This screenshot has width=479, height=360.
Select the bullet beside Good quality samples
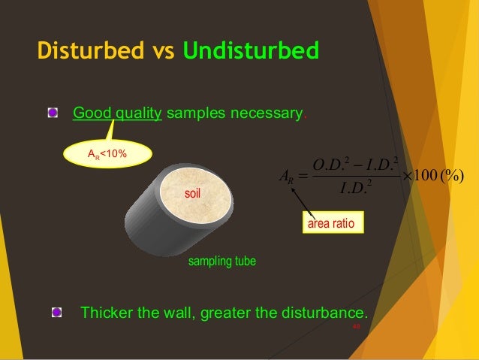[53, 113]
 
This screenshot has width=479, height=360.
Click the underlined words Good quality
[116, 114]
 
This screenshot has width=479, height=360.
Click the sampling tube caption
[221, 262]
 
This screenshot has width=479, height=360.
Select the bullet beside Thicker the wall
[57, 312]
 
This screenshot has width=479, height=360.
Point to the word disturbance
[329, 312]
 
